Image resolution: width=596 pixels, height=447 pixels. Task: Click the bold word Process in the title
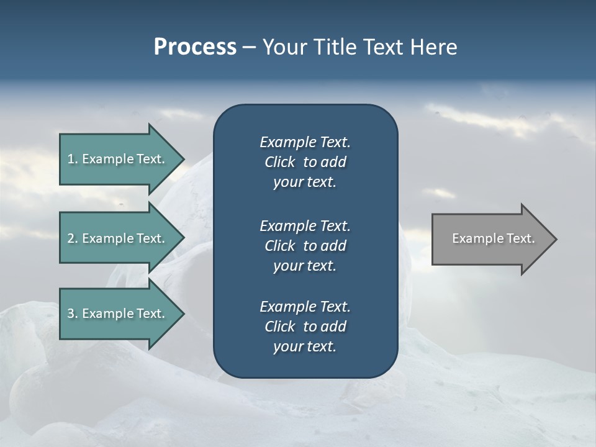click(x=195, y=47)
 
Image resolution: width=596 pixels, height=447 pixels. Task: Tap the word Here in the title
click(x=433, y=47)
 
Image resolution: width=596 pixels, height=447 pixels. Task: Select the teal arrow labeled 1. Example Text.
click(x=118, y=159)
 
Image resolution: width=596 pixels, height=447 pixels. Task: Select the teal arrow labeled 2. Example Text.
click(x=118, y=238)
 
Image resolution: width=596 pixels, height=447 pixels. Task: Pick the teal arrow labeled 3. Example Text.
click(x=118, y=314)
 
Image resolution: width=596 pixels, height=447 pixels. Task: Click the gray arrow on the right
click(x=490, y=239)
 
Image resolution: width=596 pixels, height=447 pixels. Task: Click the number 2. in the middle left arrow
click(x=72, y=238)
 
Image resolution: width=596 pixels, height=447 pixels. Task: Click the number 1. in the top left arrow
click(x=72, y=159)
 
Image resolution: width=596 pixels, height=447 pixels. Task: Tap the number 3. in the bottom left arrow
click(x=72, y=314)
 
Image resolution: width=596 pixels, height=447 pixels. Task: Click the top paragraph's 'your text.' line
click(x=305, y=183)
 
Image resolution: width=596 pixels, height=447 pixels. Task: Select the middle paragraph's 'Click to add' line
click(x=305, y=246)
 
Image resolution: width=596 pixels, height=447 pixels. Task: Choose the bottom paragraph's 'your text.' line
click(x=305, y=346)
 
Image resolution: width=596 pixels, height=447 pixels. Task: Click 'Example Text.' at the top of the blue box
click(x=305, y=142)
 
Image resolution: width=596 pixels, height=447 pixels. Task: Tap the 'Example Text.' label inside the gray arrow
click(x=493, y=238)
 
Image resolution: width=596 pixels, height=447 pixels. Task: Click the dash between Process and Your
click(x=249, y=48)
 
